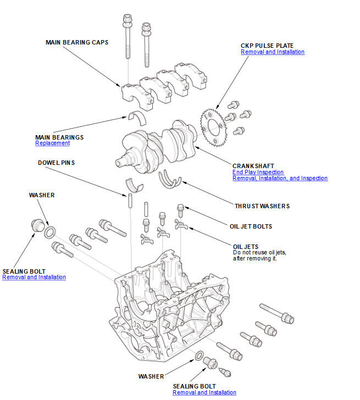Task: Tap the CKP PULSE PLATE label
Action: [267, 45]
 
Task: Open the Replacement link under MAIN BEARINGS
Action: [53, 143]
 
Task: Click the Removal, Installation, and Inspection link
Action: [280, 179]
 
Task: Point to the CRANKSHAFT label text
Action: [253, 165]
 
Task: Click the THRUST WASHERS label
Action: [262, 206]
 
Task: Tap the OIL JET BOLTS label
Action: [251, 226]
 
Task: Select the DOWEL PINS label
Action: [56, 163]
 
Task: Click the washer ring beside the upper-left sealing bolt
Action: [49, 231]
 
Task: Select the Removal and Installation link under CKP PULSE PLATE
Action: [272, 52]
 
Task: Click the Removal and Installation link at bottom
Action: [204, 393]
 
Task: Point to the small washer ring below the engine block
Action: [198, 356]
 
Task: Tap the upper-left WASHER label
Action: [42, 195]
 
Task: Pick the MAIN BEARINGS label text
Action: [59, 137]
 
